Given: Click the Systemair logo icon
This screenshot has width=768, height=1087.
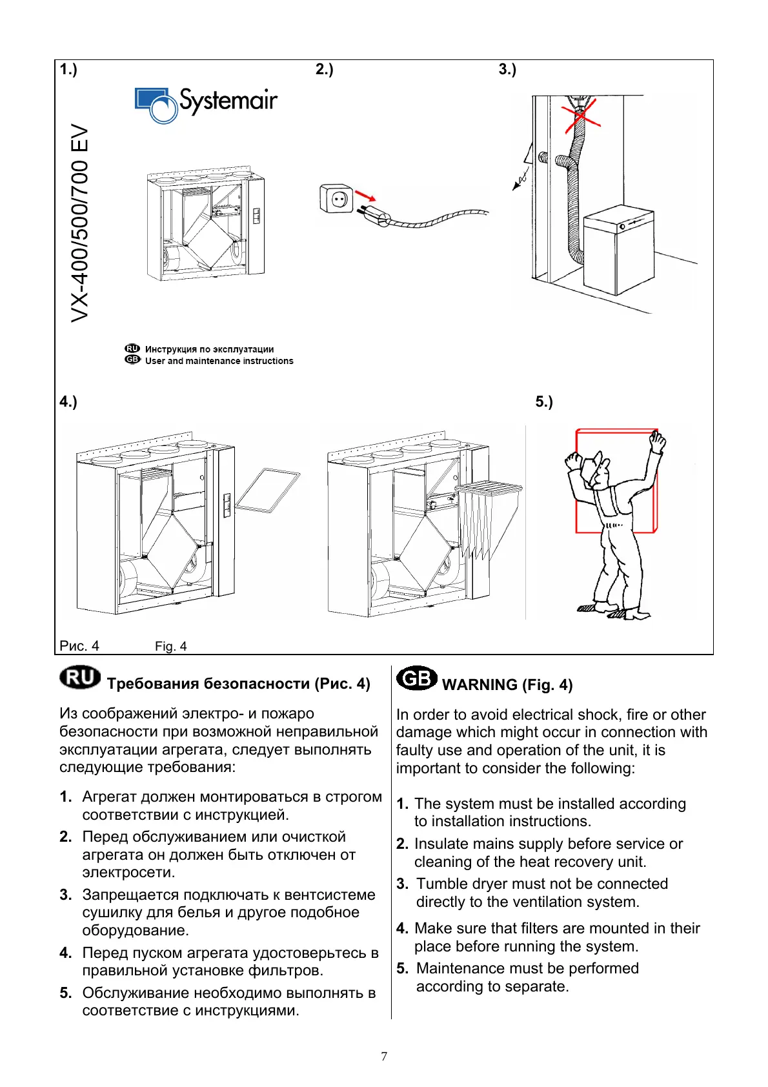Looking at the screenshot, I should coord(156,105).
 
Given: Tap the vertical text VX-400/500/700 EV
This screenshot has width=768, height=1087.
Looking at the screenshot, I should coord(79,223).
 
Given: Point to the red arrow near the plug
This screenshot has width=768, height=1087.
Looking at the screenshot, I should coord(365,196).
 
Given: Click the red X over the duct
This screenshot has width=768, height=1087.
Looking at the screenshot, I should coord(580,117).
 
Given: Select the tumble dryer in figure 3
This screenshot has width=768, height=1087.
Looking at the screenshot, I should coord(618,250).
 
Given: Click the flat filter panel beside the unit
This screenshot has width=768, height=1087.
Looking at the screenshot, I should coord(267,491).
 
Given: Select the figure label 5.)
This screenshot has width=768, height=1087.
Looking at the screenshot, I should coord(543,401).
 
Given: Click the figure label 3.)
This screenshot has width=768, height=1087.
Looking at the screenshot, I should coord(507,69).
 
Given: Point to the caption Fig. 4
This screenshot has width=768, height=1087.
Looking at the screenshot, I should coord(170,646).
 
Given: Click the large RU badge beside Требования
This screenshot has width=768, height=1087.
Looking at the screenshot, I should coord(80,678).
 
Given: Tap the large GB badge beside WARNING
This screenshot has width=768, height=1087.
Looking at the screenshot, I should coord(416,678).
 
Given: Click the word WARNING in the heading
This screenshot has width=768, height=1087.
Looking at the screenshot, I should coord(480,685).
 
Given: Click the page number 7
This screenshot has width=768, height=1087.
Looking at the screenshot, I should coord(384,1056).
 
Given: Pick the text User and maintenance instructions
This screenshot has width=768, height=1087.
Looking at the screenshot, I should coord(219,361).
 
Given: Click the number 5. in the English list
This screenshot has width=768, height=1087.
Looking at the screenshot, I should coord(403,968).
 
